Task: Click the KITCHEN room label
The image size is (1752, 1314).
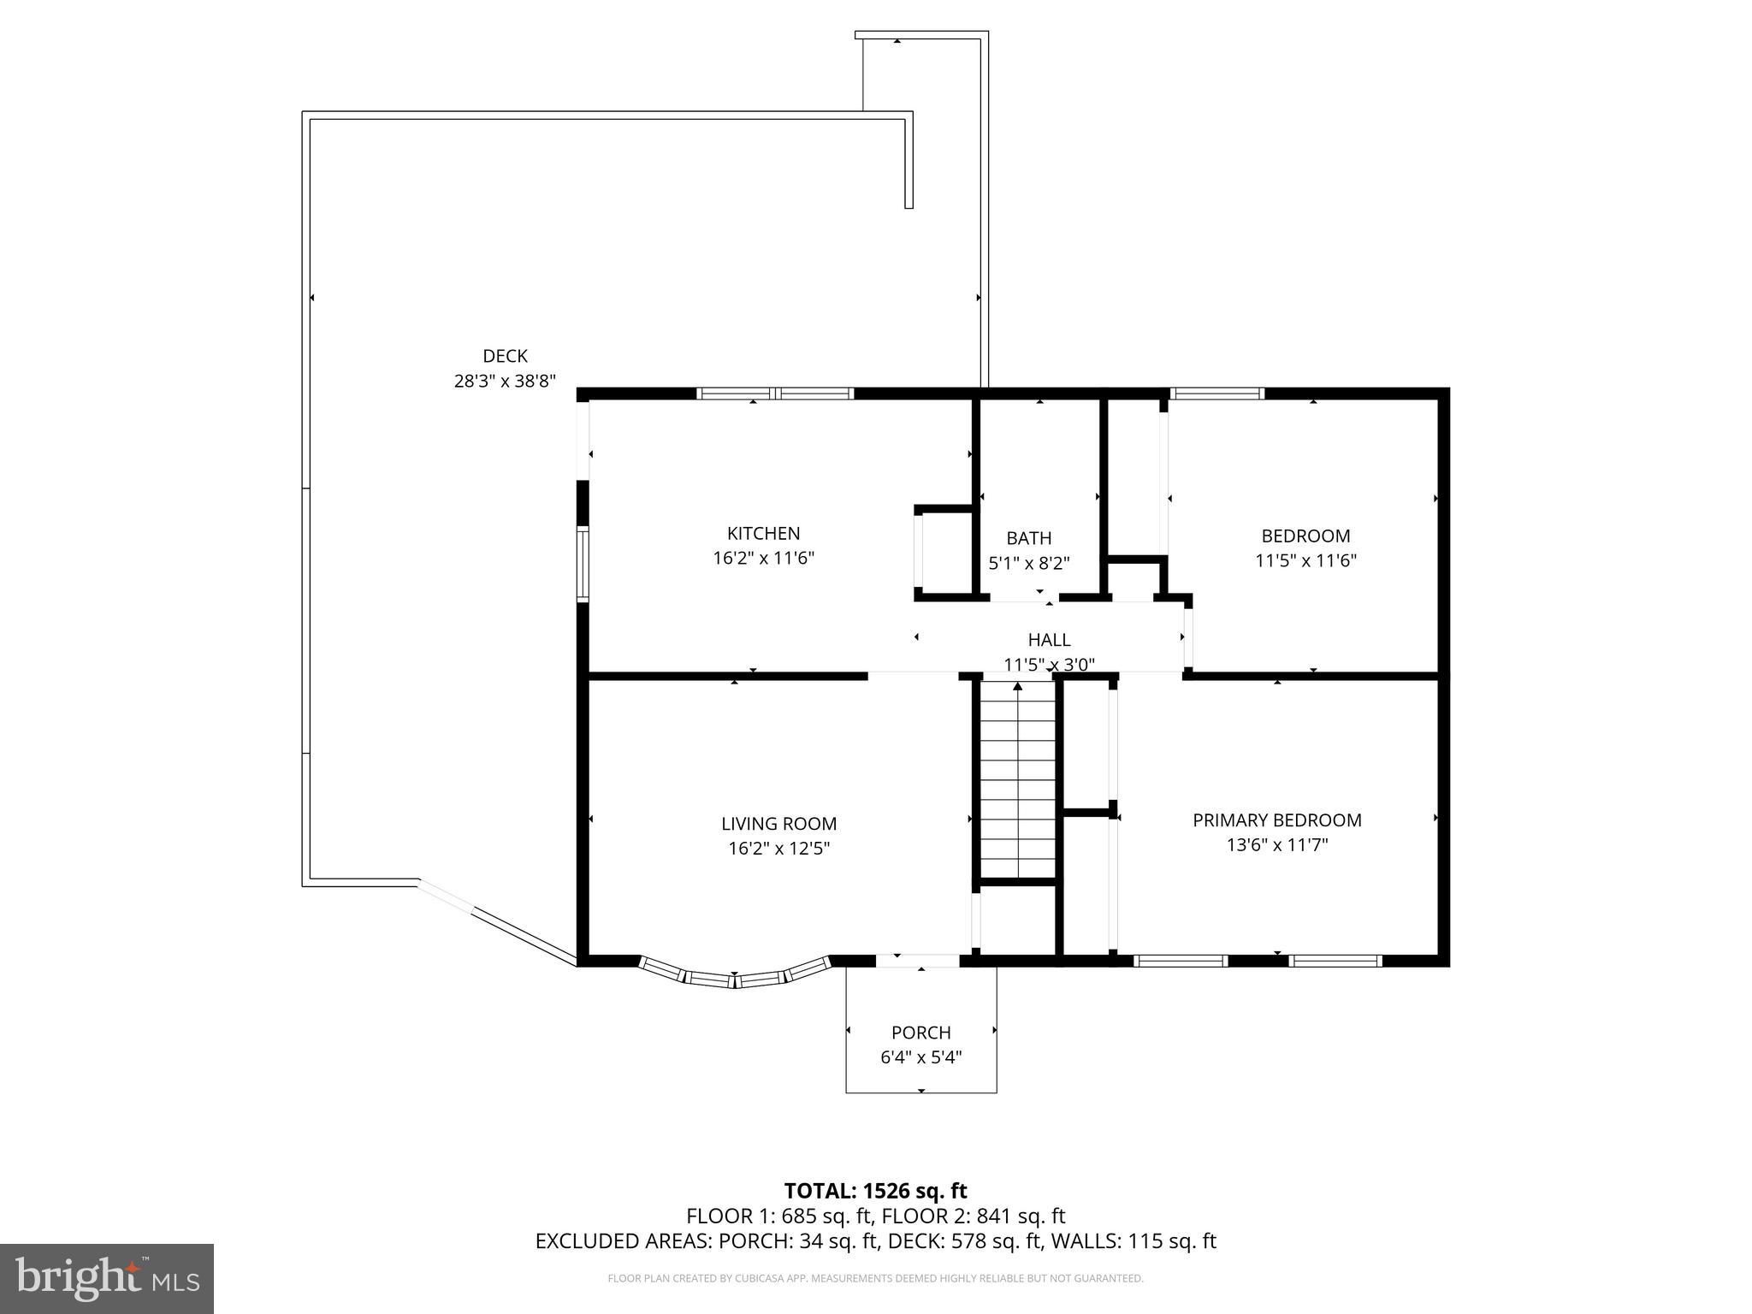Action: (763, 534)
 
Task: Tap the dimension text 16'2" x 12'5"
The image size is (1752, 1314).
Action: (778, 849)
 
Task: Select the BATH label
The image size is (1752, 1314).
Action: (1028, 538)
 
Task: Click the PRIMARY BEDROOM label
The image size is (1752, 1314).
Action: (1276, 820)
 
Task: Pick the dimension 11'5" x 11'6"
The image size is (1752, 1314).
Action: (1305, 561)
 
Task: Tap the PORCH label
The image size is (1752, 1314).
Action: (920, 1033)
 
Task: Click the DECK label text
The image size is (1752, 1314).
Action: (505, 356)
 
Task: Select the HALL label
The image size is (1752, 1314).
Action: (1049, 640)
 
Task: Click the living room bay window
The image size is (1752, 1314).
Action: (735, 977)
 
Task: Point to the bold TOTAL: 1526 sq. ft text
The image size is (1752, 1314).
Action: (875, 1191)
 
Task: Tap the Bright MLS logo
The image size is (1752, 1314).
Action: (107, 1279)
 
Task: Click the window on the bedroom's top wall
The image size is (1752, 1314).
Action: (1216, 394)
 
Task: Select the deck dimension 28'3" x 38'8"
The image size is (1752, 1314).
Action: (505, 381)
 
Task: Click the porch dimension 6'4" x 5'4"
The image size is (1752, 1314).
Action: (920, 1057)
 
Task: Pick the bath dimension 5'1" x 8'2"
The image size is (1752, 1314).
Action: (1028, 563)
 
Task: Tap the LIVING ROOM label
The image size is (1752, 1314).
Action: (778, 824)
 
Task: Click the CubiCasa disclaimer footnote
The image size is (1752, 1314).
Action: (875, 1279)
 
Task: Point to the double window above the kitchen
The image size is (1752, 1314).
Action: (775, 394)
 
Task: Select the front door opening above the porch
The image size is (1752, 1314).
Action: (917, 961)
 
